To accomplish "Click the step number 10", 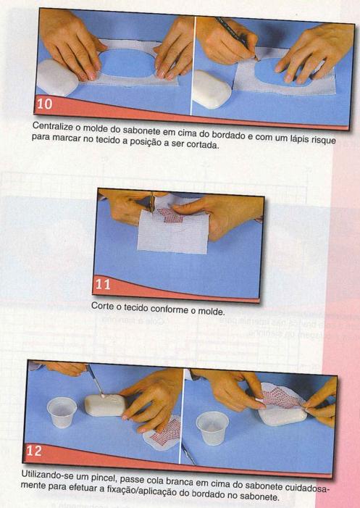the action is pos(45,104).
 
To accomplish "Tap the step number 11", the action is pos(103,284).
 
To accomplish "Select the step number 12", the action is pos(34,451).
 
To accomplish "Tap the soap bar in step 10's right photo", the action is pos(212,88).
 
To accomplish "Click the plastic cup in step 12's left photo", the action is pos(62,412).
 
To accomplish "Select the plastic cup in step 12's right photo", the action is pos(212,427).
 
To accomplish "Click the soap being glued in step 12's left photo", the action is pos(104,405).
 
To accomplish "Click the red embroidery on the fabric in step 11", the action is pos(170,215).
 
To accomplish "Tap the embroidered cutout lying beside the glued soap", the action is pos(162,433).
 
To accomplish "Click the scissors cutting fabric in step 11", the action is pos(151,202).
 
